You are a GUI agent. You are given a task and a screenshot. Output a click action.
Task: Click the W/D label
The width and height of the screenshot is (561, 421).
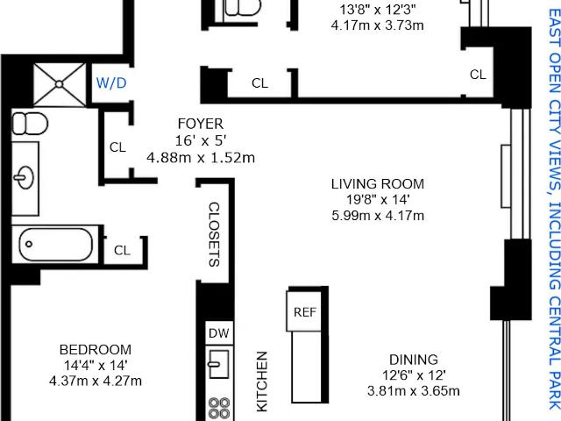click(x=111, y=83)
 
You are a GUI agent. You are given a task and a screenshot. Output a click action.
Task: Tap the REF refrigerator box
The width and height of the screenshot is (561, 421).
click(x=305, y=311)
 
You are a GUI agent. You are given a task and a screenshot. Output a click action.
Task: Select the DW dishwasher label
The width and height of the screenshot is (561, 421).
click(x=218, y=333)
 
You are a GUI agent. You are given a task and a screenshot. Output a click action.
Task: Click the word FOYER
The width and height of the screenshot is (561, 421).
click(x=201, y=124)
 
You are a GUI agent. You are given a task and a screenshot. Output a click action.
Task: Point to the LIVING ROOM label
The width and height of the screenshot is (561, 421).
click(x=378, y=184)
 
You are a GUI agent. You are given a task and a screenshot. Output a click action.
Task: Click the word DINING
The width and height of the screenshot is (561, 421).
click(x=413, y=360)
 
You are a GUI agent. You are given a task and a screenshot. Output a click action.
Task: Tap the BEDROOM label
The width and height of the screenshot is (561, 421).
click(x=96, y=349)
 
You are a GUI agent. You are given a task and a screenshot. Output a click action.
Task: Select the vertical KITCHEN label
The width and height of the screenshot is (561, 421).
click(x=262, y=382)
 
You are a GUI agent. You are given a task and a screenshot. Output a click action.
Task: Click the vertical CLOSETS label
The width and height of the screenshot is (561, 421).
click(x=214, y=234)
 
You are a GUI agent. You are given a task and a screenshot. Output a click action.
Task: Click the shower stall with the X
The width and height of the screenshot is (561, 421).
click(x=60, y=84)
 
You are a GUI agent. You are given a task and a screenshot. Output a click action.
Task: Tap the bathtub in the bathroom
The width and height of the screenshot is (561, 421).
click(x=56, y=245)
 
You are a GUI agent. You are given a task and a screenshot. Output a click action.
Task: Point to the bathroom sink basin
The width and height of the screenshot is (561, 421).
click(x=24, y=177)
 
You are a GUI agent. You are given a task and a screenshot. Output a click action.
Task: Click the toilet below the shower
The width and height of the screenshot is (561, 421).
click(x=30, y=124)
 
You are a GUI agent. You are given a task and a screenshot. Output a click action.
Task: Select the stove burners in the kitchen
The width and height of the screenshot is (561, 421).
click(x=219, y=409)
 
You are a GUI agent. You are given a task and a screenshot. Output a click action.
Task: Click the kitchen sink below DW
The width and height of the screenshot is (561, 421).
click(x=219, y=364)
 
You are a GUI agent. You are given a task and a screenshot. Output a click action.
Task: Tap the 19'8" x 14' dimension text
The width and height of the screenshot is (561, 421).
click(x=378, y=200)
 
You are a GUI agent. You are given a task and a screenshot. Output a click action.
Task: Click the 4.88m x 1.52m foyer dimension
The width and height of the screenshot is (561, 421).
click(x=201, y=158)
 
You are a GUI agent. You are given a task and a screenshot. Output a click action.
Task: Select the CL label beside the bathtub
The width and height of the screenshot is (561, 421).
click(x=122, y=250)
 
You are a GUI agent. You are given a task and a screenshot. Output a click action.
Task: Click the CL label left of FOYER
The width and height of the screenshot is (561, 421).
click(x=117, y=147)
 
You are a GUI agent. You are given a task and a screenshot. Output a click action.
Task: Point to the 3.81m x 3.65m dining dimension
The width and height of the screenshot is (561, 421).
click(x=413, y=390)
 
